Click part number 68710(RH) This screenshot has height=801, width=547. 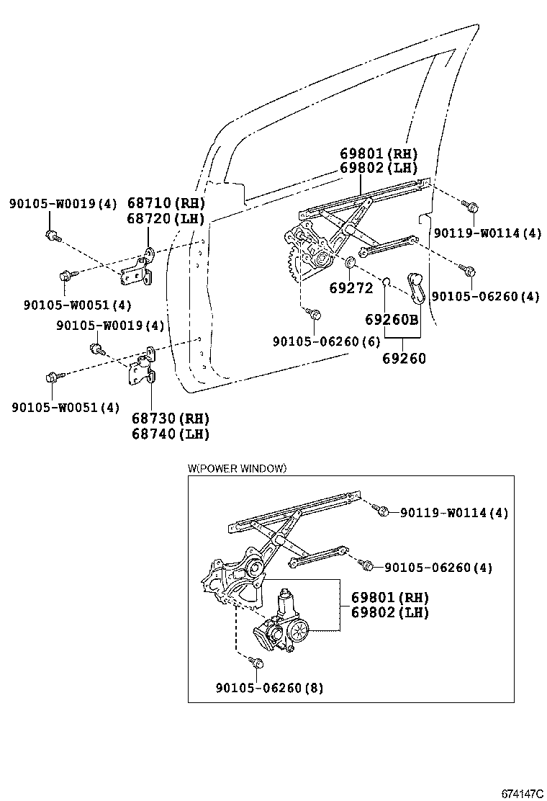point(166,203)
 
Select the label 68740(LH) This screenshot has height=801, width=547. point(170,434)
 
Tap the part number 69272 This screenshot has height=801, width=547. point(351,288)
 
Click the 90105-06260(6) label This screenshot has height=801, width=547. point(326,341)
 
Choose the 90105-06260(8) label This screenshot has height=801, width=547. point(269,688)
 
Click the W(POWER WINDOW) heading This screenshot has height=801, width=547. point(237,468)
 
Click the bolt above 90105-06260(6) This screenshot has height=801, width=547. point(314,313)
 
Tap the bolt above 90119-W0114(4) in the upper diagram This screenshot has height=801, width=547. point(472,207)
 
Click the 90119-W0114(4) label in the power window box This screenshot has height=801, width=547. point(454,513)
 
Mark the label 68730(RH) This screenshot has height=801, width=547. point(170,419)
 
